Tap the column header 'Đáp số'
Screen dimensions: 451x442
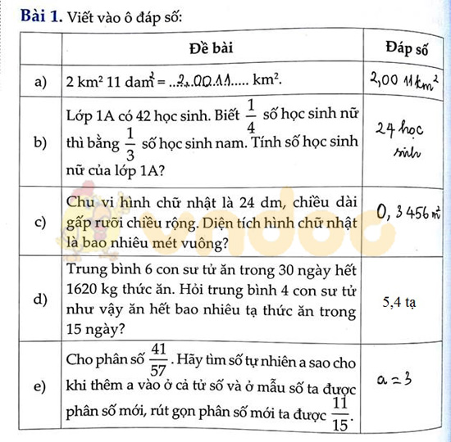[407, 48]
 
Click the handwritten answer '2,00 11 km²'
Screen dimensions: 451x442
[406, 80]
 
